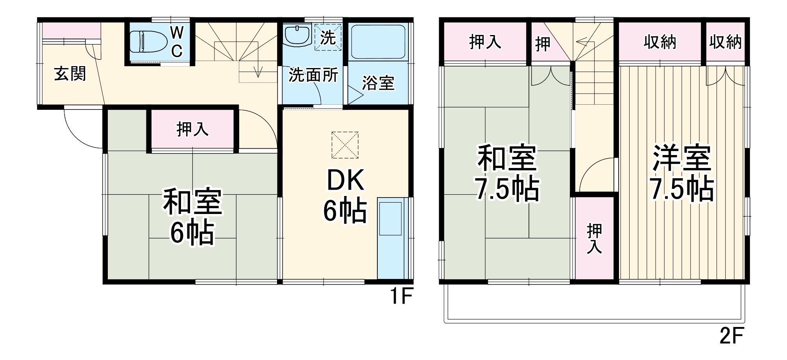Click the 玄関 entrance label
(70, 74)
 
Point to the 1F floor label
(400, 297)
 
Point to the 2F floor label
(731, 336)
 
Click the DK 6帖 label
(345, 197)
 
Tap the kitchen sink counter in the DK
(390, 238)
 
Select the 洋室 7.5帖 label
(682, 174)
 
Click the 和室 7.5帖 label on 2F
(507, 174)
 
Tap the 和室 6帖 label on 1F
(192, 217)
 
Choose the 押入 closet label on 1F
(192, 129)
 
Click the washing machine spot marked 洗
(327, 37)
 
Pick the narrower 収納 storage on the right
(725, 42)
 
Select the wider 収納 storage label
(660, 42)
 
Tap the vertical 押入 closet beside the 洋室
(594, 238)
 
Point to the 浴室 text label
(378, 83)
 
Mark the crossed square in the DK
(345, 145)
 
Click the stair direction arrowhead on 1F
(258, 73)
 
